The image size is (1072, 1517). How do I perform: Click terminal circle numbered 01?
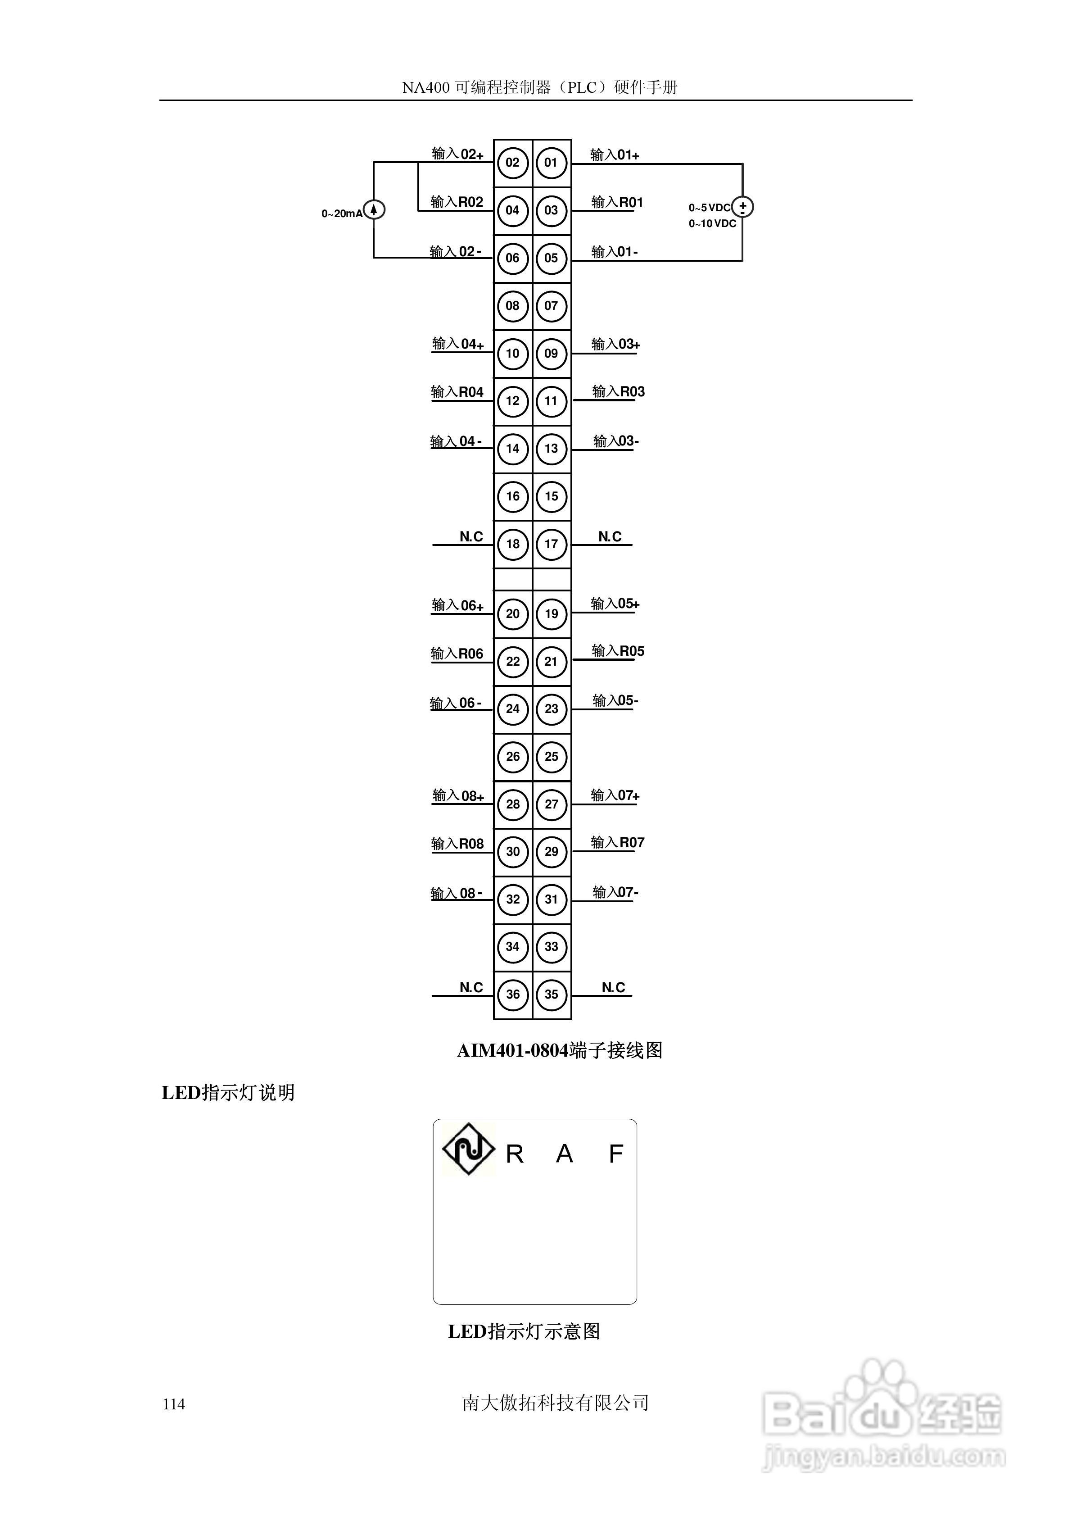(x=551, y=163)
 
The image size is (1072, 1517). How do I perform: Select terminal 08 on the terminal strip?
(x=512, y=306)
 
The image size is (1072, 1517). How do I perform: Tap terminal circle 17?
(x=551, y=545)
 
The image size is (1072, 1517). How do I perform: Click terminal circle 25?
(x=551, y=757)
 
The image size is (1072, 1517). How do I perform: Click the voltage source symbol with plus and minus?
(x=742, y=207)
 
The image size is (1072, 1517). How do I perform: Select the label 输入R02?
(x=457, y=201)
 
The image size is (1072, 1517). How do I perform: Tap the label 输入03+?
(x=615, y=344)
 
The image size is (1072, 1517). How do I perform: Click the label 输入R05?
(x=618, y=651)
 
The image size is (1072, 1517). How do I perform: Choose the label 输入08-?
(x=456, y=893)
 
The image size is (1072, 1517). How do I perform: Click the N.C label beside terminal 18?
(x=471, y=536)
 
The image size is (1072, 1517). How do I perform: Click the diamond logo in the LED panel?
(x=468, y=1149)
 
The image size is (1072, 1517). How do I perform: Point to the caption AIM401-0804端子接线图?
(x=560, y=1050)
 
